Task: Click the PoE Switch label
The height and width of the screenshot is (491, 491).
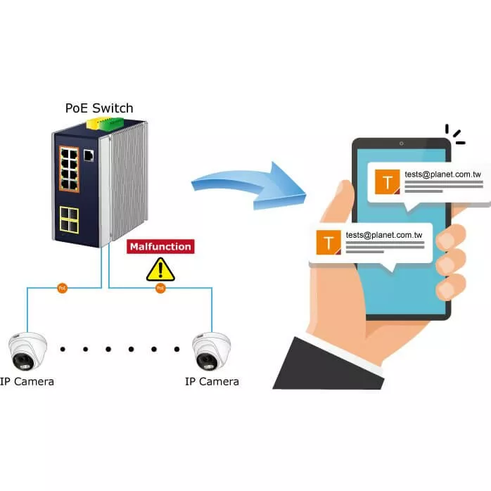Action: pos(98,108)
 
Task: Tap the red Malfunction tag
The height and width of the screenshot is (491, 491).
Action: pos(159,247)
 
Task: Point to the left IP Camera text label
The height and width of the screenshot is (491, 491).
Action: pos(27,382)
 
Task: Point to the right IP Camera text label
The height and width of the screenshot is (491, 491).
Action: pos(212,382)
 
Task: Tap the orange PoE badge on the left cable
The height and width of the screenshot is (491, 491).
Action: pos(63,288)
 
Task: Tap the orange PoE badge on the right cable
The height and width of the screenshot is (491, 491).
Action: pos(160,288)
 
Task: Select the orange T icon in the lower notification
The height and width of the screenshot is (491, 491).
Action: pos(329,243)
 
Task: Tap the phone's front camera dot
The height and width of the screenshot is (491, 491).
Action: pos(401,144)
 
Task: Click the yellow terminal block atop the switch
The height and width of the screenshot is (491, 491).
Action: pos(94,122)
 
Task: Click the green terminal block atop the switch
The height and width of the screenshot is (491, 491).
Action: pos(113,124)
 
